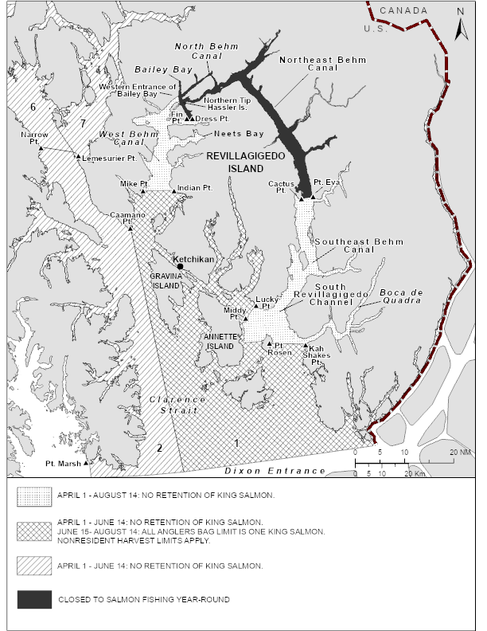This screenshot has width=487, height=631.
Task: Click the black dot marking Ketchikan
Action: click(x=181, y=267)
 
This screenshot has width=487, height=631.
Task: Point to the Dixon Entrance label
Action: click(x=275, y=471)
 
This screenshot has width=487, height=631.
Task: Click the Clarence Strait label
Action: click(x=177, y=405)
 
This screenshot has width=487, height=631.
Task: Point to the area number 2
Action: click(x=159, y=448)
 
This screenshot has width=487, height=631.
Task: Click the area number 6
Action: click(x=33, y=106)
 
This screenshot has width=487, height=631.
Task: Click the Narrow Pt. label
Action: click(x=34, y=139)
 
